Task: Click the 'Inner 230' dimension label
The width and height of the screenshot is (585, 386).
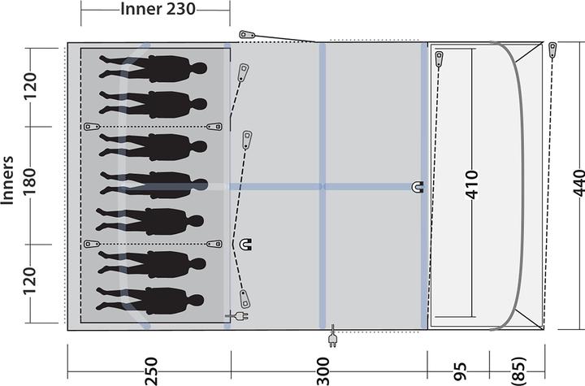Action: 155,10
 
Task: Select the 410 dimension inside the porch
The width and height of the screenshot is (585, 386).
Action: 472,186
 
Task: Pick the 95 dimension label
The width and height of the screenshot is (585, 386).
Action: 461,371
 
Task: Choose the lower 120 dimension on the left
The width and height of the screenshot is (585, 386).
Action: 31,282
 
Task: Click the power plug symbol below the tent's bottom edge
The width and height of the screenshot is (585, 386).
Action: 331,339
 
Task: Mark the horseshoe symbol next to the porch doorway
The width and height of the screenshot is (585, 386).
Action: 418,187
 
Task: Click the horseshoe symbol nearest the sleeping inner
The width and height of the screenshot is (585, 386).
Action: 245,243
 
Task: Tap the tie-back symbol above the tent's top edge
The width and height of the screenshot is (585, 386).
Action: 248,35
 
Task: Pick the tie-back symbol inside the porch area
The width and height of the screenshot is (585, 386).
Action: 439,59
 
